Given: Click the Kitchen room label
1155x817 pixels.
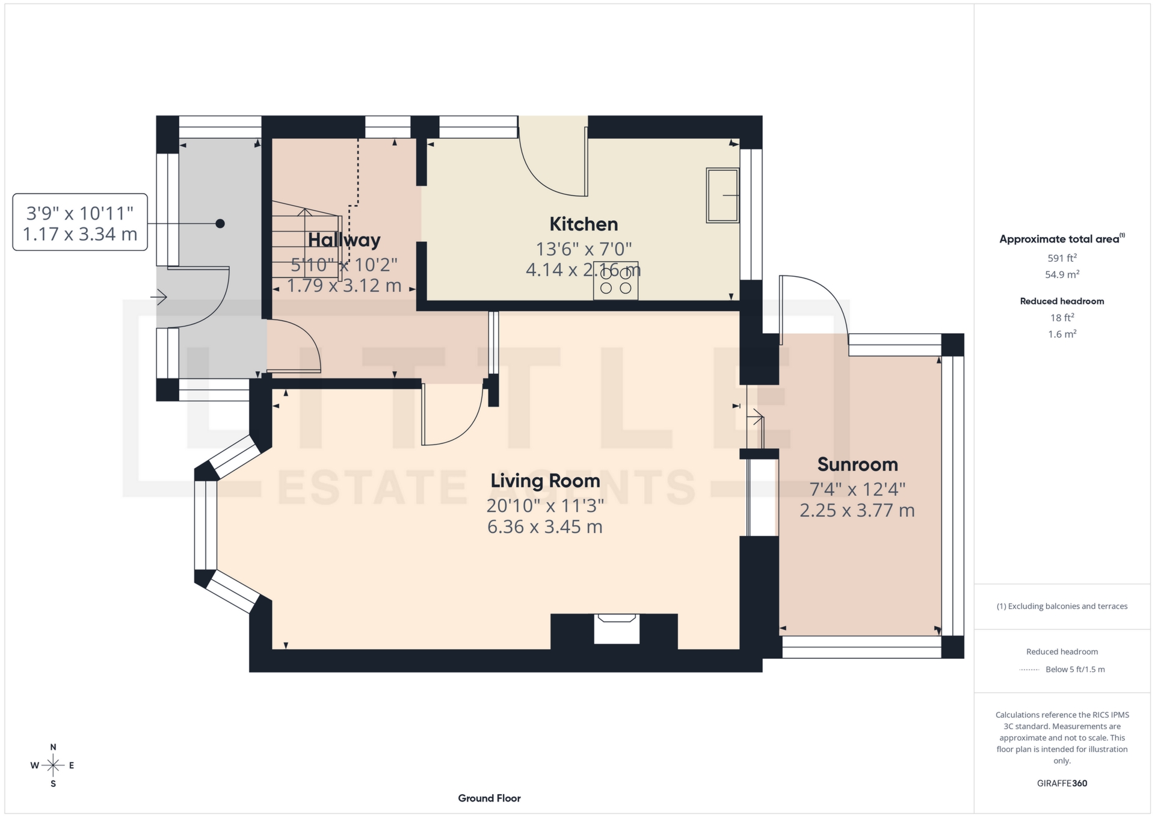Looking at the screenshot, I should (584, 224).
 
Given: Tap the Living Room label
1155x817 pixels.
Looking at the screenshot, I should (545, 481).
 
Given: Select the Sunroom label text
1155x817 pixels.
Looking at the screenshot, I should (857, 464).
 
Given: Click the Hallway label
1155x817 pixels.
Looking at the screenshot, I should (344, 240).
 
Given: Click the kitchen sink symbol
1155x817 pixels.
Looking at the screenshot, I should (722, 195).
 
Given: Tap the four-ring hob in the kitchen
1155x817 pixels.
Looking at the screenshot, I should (615, 280).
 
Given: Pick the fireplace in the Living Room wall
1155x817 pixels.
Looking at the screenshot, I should (616, 629).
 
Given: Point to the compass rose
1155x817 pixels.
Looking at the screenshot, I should (53, 765).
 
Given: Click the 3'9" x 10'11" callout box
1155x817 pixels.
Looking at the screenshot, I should (80, 222).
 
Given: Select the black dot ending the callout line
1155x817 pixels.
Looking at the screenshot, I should (220, 224).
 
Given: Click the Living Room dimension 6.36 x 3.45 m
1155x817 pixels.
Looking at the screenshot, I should (545, 527).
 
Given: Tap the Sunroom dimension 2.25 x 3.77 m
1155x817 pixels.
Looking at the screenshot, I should (857, 511).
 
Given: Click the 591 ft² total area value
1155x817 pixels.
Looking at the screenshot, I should (1062, 258).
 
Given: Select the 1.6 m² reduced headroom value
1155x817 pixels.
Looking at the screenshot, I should (1062, 334).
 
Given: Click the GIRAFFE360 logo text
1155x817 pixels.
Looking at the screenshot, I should (1062, 783).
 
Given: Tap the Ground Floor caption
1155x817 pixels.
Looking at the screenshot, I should (489, 798).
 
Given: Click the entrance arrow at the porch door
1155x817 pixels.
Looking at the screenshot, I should (159, 297).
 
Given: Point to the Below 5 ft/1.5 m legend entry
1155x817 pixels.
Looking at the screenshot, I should (1074, 669).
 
